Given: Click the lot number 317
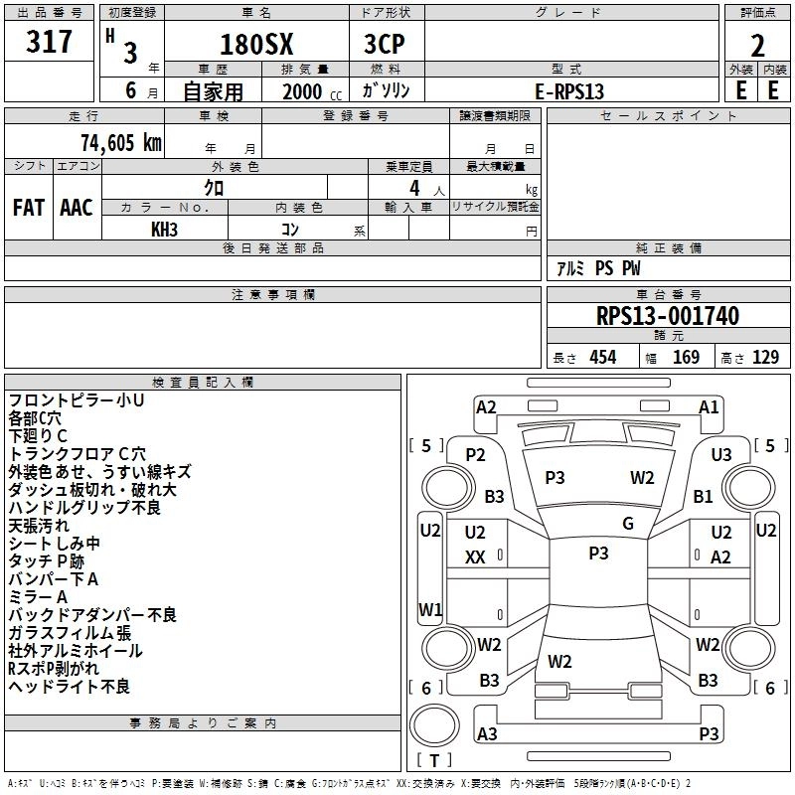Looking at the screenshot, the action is [51, 43].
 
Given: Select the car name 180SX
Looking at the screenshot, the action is [254, 45].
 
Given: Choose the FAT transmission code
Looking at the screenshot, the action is [29, 208].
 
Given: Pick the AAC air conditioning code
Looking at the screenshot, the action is [77, 208].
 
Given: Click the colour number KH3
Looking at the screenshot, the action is [165, 230].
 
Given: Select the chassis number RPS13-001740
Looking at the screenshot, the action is [667, 316].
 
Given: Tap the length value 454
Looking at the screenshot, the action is [602, 358].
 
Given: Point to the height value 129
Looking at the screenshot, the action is [765, 358].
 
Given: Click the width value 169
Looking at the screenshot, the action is [686, 358].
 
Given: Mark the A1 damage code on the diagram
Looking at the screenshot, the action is [709, 406].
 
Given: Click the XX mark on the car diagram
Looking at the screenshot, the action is [475, 557].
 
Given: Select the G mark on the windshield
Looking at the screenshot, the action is [628, 524].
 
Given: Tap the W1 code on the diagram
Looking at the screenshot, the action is [429, 609].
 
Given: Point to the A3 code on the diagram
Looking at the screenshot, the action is [487, 733].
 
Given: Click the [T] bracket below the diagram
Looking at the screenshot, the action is [433, 760].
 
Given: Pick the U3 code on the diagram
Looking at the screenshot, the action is [721, 454].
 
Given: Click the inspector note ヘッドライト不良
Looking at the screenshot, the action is [70, 687].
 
